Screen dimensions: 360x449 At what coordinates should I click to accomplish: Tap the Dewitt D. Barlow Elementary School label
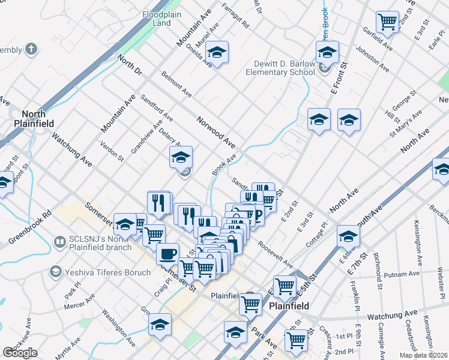click(280, 68)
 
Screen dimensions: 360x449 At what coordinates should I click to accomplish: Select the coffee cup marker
click(168, 253)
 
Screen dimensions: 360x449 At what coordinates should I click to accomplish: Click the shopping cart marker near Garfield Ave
click(388, 22)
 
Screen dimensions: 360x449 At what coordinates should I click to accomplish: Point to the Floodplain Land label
click(157, 19)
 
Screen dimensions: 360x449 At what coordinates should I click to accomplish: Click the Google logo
click(20, 353)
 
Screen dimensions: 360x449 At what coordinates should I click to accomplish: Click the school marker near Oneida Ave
click(218, 53)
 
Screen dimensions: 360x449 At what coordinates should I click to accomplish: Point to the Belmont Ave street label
click(176, 84)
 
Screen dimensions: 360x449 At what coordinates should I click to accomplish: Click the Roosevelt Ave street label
click(276, 254)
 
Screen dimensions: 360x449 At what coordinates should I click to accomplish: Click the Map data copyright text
click(424, 354)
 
